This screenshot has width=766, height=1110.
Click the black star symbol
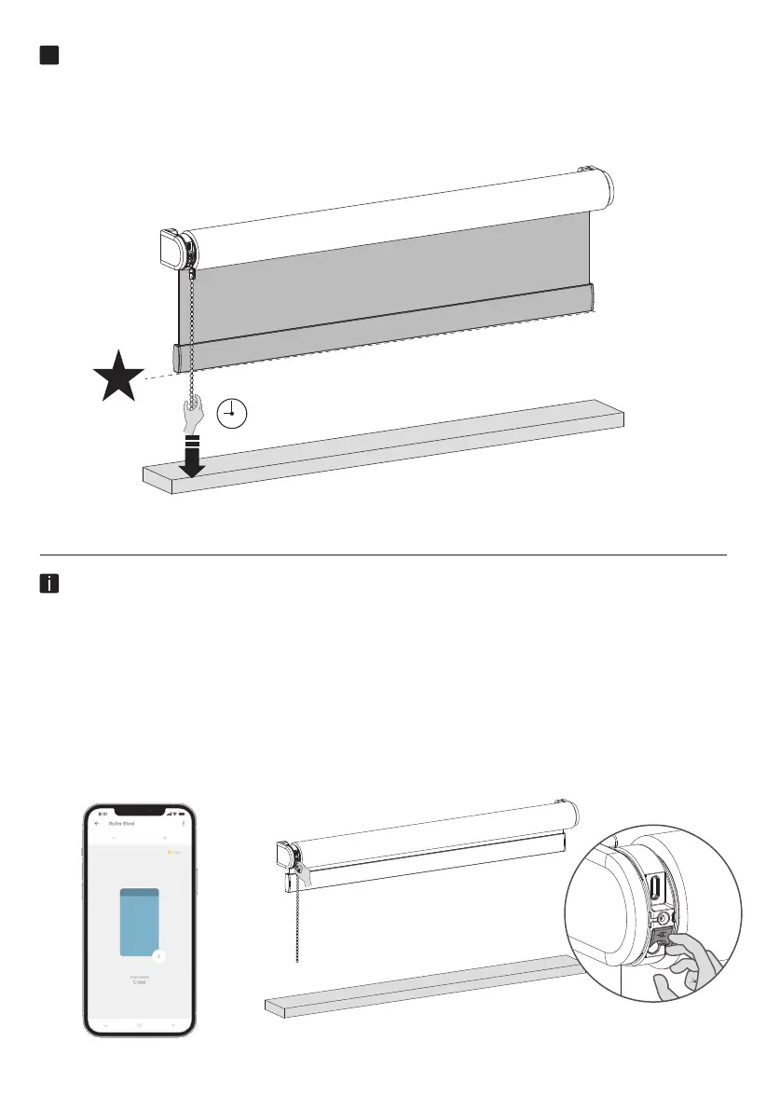118,377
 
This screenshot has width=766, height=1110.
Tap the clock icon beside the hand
231,412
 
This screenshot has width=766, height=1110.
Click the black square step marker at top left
50,55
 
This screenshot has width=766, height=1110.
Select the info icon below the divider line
50,584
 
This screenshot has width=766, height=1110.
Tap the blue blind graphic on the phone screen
141,922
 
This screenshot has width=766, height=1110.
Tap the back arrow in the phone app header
97,823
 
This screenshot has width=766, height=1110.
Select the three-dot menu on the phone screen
184,823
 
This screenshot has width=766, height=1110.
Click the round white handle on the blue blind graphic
157,955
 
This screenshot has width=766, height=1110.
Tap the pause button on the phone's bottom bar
140,1022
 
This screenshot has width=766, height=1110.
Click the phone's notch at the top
140,807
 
